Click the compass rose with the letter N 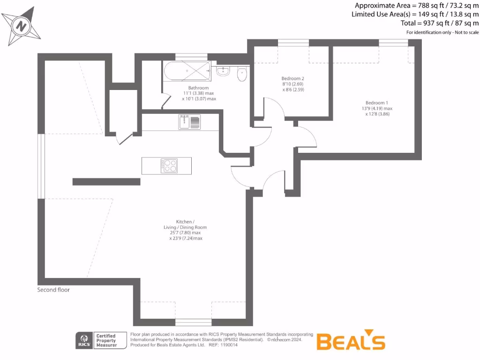coord(21,26)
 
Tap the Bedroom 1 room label coord(377,103)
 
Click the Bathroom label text coord(198,88)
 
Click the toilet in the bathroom coord(242,74)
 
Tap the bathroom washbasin coord(223,72)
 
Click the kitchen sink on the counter coord(189,122)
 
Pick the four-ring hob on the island coord(170,165)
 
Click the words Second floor coord(53,290)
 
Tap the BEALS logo coord(351,341)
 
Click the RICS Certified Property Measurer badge coord(101,340)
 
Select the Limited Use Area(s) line coord(415,14)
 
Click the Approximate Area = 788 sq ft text coord(416,6)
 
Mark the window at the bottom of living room coord(193,322)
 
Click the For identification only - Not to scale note coord(442,32)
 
